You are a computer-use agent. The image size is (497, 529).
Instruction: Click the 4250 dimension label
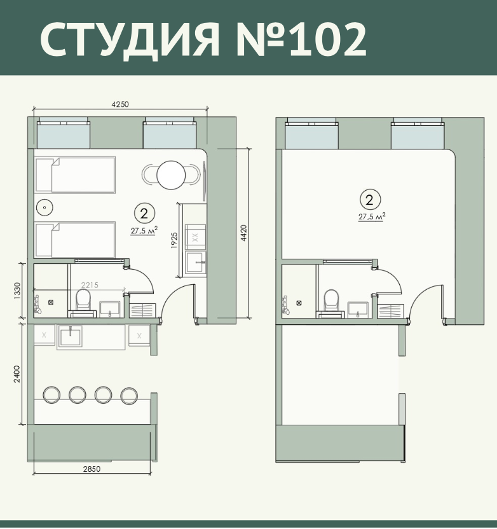coord(120,104)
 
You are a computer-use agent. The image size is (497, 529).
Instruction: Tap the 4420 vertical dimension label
coord(244,233)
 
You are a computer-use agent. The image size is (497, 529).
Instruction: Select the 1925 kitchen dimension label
coord(174,240)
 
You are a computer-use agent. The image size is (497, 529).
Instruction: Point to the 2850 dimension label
coord(92,469)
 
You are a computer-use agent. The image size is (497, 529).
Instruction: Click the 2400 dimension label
coord(17,374)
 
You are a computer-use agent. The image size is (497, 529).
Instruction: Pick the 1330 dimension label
coord(17,291)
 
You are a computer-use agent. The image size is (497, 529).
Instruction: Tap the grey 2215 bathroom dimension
coord(90,285)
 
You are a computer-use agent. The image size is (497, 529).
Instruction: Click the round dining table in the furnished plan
coord(171,175)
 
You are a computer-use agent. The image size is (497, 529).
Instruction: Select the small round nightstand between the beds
coord(44,207)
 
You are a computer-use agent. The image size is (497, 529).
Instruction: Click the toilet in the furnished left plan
coord(83,299)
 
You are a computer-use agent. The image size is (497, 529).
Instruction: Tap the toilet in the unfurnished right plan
coord(331,299)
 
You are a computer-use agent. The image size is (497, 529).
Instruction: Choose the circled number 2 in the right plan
coord(370,200)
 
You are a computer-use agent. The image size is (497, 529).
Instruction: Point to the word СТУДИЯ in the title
coord(130,40)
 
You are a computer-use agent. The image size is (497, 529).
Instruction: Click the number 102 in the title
coord(327,39)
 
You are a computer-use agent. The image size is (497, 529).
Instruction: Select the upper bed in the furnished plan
coord(76,175)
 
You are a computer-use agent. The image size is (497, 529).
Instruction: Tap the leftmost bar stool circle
coord(51,395)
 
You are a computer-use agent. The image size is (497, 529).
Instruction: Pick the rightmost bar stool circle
coord(129,395)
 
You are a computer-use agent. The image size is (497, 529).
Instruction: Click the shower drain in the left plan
coord(51,302)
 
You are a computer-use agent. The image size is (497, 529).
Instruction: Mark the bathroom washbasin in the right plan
coord(358,310)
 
